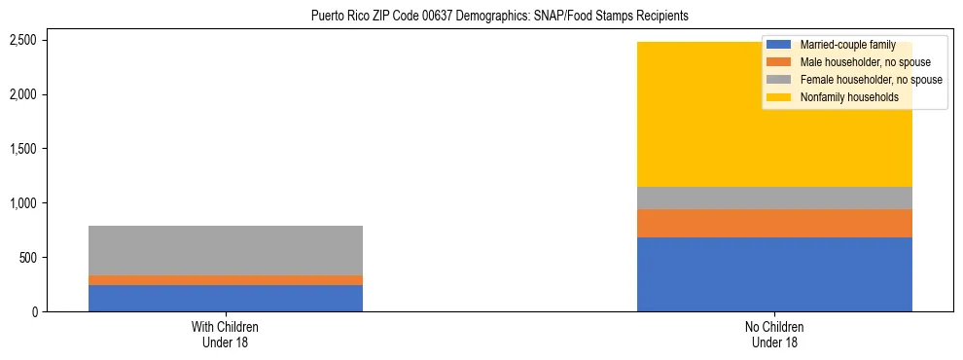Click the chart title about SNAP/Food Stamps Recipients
(x=499, y=16)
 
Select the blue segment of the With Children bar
(x=226, y=298)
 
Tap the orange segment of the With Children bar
(x=226, y=280)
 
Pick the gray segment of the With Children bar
(x=226, y=250)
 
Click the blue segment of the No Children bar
(x=774, y=274)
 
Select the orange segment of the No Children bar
(x=774, y=223)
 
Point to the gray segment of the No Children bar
(x=774, y=198)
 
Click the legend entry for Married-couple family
(x=842, y=45)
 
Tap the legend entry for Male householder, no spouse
(x=860, y=62)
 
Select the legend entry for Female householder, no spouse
(x=870, y=80)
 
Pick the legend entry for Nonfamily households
(x=842, y=97)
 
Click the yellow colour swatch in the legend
(x=779, y=97)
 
